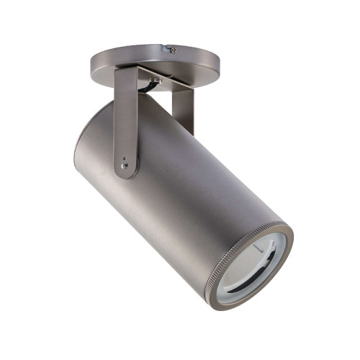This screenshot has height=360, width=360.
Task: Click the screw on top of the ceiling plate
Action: coord(173,50)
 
